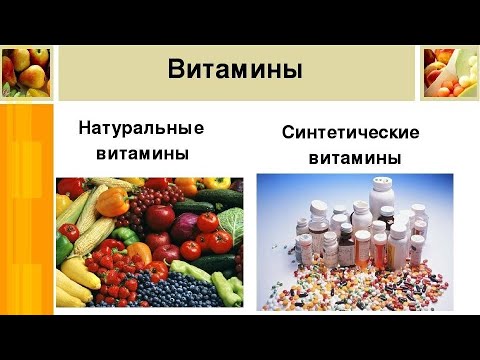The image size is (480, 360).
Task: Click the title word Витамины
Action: [235, 69]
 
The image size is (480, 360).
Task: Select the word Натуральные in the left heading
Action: [140, 129]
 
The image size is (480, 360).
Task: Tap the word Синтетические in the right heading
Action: [349, 133]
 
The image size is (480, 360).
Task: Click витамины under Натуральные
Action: [142, 154]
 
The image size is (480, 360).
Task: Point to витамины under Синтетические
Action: [355, 158]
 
